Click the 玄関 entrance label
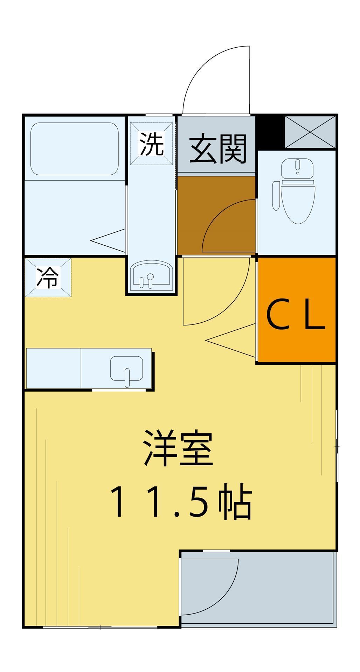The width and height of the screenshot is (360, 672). pos(218,149)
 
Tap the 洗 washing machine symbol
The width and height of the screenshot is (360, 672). pos(152,144)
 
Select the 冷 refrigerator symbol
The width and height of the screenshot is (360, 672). pos(48,277)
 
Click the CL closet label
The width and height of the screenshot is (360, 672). pos(296,317)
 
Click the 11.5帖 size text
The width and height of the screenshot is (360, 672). pos(181,502)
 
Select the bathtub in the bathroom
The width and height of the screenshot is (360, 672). pos(74,148)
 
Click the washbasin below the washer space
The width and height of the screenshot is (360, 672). pos(151,276)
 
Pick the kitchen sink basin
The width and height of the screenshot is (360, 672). pos(126,369)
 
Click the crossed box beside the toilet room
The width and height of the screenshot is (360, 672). pos(310,132)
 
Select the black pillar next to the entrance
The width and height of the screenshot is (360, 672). pos(270,132)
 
